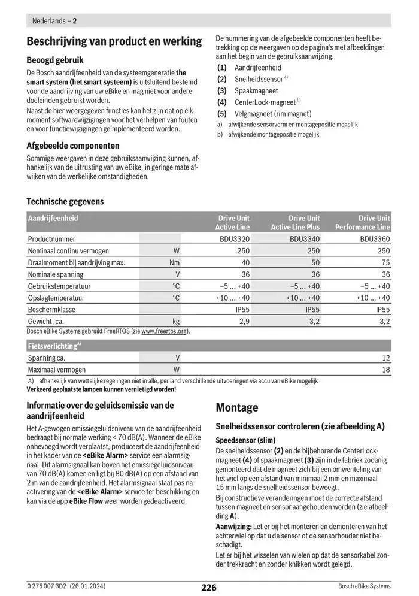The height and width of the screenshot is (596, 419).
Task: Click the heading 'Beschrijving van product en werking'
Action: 114,41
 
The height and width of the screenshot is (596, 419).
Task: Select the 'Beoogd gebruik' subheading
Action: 55,60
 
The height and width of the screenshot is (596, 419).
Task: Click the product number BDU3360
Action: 375,238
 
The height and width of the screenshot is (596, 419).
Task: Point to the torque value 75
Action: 385,262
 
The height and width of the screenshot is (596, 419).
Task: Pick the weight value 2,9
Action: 244,322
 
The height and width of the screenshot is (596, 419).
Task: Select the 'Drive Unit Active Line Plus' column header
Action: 295,223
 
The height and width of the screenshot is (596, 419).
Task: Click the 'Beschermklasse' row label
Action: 51,310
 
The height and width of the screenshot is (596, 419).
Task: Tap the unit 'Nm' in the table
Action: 174,262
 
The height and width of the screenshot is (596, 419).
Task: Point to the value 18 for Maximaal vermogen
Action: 385,370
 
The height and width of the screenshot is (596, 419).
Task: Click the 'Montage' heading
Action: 236,408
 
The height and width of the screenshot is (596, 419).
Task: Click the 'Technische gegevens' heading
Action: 65,202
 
